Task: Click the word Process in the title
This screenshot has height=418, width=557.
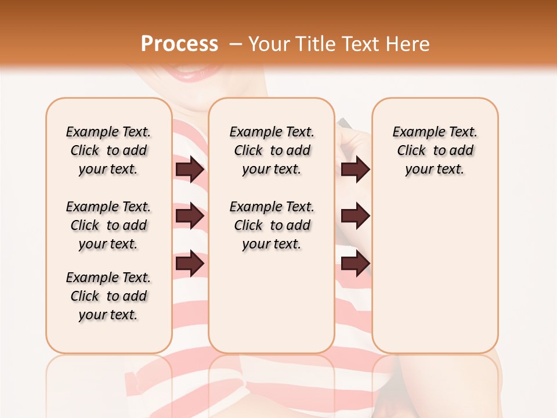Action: (179, 44)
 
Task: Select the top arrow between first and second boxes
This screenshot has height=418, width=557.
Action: (190, 169)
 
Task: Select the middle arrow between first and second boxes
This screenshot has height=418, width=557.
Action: (190, 216)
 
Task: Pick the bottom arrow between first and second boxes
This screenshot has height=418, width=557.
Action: (190, 264)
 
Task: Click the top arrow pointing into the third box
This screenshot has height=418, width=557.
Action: (355, 169)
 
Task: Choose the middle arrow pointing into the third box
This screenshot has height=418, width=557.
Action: (355, 216)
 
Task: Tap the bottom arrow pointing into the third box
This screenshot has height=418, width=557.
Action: (355, 264)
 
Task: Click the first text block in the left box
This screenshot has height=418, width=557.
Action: (108, 150)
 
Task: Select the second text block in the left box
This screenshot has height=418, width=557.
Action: (108, 225)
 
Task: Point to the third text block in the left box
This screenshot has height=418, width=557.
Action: (108, 296)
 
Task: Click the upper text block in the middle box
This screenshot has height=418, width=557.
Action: (272, 150)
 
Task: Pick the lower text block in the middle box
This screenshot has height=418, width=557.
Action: (272, 225)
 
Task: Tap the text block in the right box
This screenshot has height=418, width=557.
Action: (435, 150)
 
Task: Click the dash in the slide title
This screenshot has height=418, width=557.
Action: (235, 44)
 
